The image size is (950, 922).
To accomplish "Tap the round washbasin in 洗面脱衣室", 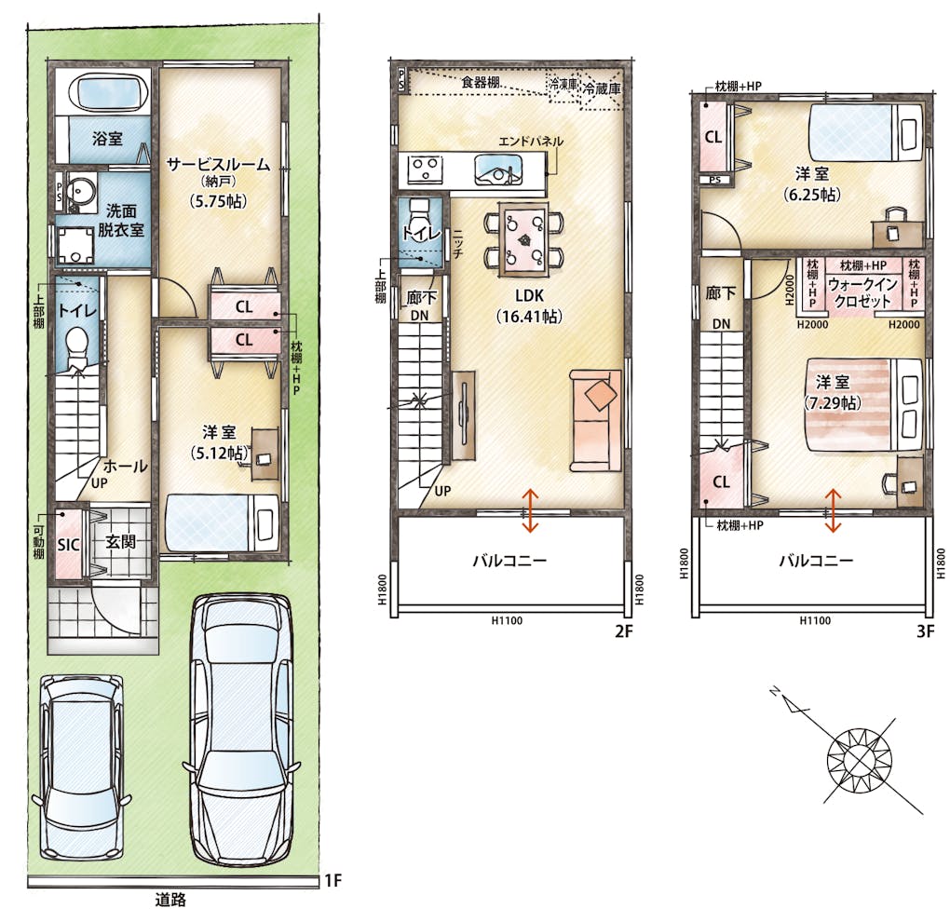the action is coord(80,190).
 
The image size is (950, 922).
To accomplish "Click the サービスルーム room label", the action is coord(218,165).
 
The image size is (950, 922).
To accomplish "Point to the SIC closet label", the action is coord(68,545).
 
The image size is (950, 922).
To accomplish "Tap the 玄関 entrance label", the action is coord(120,541).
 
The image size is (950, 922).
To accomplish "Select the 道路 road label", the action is coord(170,900).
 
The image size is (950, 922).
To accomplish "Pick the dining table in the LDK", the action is coord(523,240).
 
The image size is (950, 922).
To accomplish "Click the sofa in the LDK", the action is coord(595,420).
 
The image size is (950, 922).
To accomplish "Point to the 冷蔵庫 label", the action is coord(602,88).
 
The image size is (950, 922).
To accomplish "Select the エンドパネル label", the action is coord(531,142).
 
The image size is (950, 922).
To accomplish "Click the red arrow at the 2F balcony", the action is coord(530,510).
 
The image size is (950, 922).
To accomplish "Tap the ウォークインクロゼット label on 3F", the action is coord(862,292).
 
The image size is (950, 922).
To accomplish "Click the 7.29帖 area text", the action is coord(833,403).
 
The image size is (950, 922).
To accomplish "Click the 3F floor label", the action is coord(925,631).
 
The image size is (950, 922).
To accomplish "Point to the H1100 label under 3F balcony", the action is coord(815,620).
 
